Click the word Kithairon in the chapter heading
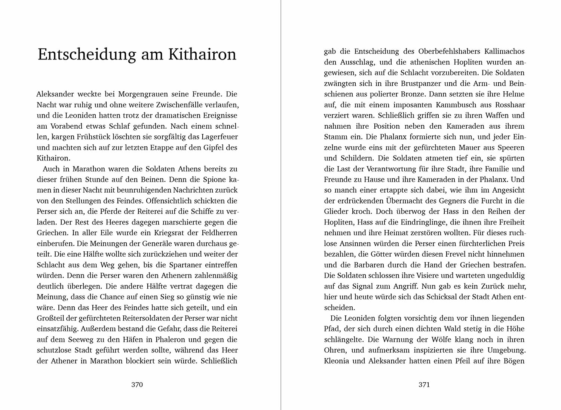(202, 55)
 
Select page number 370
(137, 385)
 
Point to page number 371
(424, 385)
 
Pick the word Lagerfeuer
(218, 137)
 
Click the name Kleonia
(337, 361)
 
